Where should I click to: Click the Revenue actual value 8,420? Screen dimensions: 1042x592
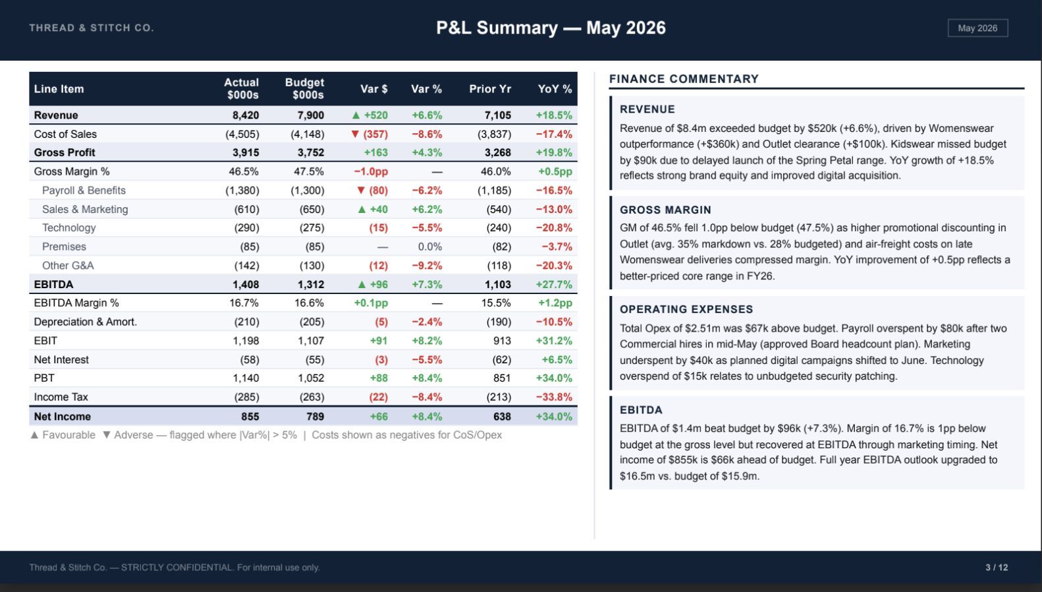coord(246,115)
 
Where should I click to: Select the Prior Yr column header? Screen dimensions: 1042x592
coord(490,89)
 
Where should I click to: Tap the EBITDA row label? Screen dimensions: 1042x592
coord(53,284)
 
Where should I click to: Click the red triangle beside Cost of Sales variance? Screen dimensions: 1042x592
coord(356,134)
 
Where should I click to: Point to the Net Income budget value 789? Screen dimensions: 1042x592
coord(315,417)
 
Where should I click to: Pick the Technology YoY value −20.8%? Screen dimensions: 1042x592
coord(554,227)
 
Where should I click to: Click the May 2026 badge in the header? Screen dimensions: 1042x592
coord(978,28)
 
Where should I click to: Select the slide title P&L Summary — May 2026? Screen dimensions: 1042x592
coord(551,28)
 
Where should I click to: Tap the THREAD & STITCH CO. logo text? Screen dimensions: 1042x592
coord(91,28)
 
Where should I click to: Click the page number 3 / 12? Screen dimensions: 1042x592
coord(997,568)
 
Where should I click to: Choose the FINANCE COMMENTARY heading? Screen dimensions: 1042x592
coord(684,79)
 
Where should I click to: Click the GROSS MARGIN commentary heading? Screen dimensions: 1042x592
coord(665,210)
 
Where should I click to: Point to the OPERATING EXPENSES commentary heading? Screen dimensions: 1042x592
coord(686,309)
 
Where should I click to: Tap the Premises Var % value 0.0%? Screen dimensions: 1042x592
coord(430,247)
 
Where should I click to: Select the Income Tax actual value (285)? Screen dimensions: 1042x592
coord(246,397)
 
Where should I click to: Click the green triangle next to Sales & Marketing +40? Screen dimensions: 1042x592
coord(362,210)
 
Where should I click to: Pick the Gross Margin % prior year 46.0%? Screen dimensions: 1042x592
coord(496,171)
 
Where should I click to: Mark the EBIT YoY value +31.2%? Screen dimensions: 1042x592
coord(554,341)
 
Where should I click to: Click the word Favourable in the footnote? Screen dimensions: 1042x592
coord(69,434)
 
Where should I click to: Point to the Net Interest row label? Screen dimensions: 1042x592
coord(61,359)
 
